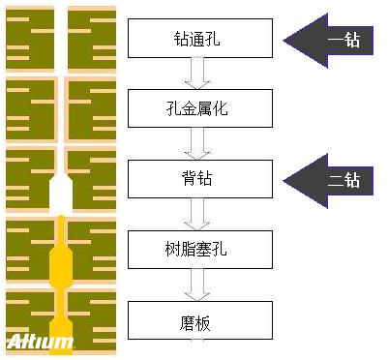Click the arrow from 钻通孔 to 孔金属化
pyautogui.click(x=198, y=74)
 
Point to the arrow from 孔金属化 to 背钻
pyautogui.click(x=198, y=143)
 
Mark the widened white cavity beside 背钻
pyautogui.click(x=61, y=194)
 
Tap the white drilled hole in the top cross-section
pyautogui.click(x=61, y=39)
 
